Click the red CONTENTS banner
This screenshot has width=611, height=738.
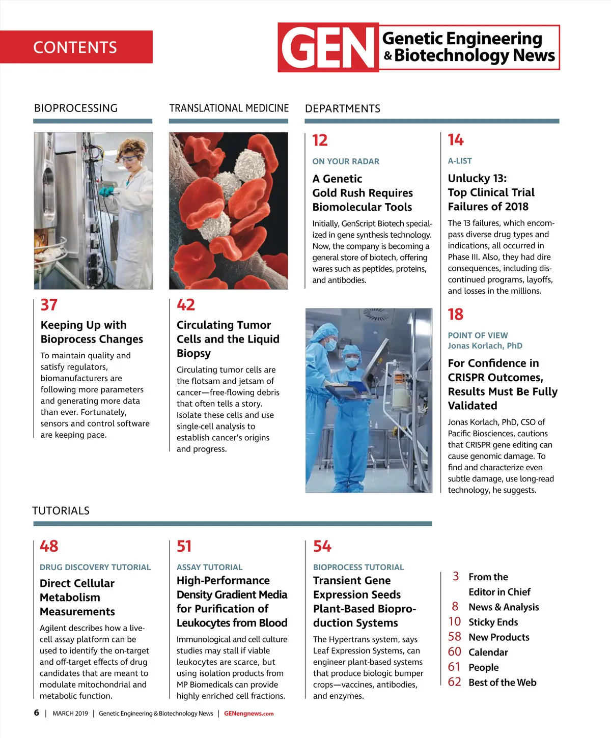[x=76, y=47]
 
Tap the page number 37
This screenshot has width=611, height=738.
[x=49, y=305]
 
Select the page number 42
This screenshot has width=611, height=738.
[x=185, y=305]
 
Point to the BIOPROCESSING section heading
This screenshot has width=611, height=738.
[x=76, y=108]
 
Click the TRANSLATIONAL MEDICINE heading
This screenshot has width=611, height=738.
[x=229, y=108]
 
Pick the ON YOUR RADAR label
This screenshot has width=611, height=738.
[x=346, y=161]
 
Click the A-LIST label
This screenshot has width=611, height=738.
[x=460, y=161]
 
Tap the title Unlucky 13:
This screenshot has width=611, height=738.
[x=477, y=178]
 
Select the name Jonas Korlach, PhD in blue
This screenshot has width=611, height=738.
[x=485, y=346]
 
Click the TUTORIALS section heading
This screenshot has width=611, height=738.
[x=61, y=510]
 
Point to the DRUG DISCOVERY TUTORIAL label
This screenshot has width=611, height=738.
[x=95, y=567]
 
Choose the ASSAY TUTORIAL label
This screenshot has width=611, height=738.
[x=209, y=567]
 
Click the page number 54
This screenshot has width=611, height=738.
[x=322, y=546]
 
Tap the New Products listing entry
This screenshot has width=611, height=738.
[x=498, y=637]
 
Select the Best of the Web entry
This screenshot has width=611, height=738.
[x=502, y=683]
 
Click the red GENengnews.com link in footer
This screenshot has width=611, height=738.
[x=248, y=714]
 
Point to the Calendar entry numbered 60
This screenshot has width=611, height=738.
[x=488, y=652]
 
